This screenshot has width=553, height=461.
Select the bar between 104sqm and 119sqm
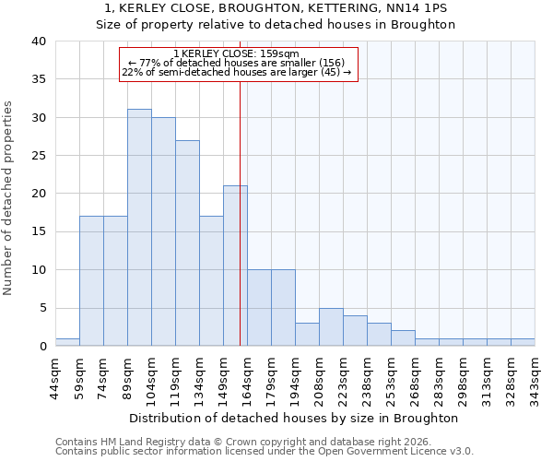tap(163, 231)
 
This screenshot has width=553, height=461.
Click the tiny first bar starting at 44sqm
tap(67, 342)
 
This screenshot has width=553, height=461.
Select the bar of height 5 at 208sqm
tap(331, 327)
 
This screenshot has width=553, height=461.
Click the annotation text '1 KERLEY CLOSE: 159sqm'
tap(236, 54)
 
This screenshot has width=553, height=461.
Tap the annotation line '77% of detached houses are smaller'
tap(236, 63)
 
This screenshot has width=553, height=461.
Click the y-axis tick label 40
tap(38, 41)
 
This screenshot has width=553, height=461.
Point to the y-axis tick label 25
tap(38, 156)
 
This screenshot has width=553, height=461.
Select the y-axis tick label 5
tap(41, 308)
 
